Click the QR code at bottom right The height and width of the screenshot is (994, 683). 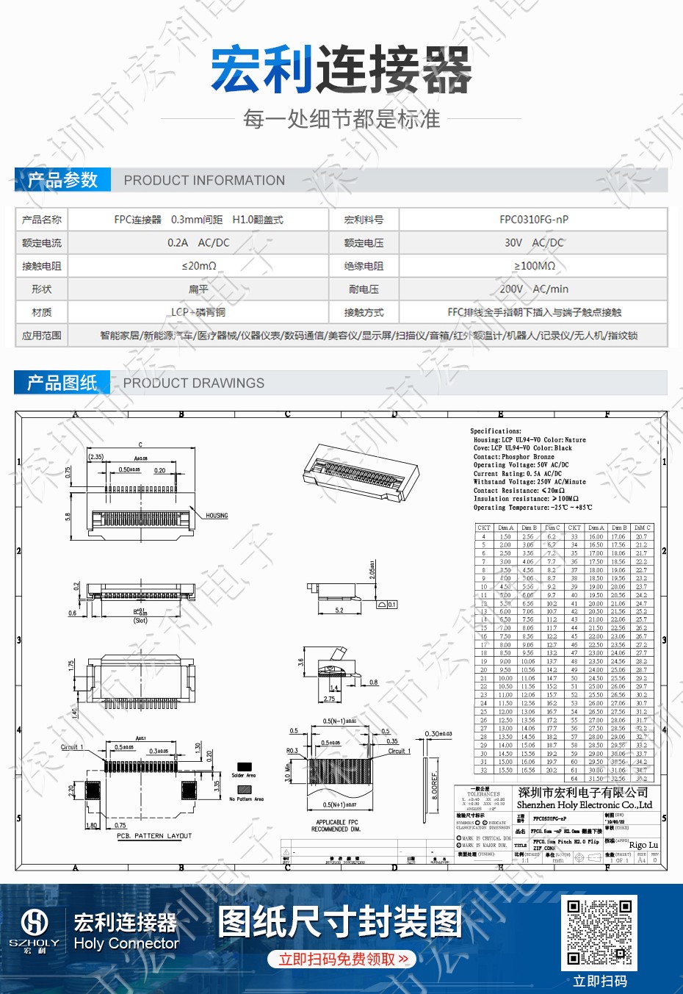[x=599, y=932]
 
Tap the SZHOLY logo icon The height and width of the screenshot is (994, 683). [x=35, y=923]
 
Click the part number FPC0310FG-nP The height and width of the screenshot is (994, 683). [x=533, y=220]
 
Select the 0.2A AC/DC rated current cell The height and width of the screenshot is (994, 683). [x=198, y=242]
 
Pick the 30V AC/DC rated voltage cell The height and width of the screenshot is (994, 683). [x=533, y=242]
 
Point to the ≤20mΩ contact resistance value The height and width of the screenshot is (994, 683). [x=198, y=266]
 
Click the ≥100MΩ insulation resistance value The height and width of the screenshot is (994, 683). [x=533, y=266]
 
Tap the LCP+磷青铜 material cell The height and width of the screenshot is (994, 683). [x=198, y=312]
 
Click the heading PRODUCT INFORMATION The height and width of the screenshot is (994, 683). [x=204, y=181]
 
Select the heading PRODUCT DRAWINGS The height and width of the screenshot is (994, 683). [x=193, y=383]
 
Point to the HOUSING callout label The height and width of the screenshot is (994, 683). [x=217, y=516]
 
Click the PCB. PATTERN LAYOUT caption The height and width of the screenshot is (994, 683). [x=153, y=836]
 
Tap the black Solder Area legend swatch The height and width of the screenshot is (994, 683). [x=243, y=767]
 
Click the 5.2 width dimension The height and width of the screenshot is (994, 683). [x=339, y=610]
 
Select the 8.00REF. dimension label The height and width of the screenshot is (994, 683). [x=435, y=785]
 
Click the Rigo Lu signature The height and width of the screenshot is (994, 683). [x=643, y=845]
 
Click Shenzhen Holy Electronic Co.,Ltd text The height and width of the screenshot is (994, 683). [x=584, y=805]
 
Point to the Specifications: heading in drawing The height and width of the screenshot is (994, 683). [x=496, y=431]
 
